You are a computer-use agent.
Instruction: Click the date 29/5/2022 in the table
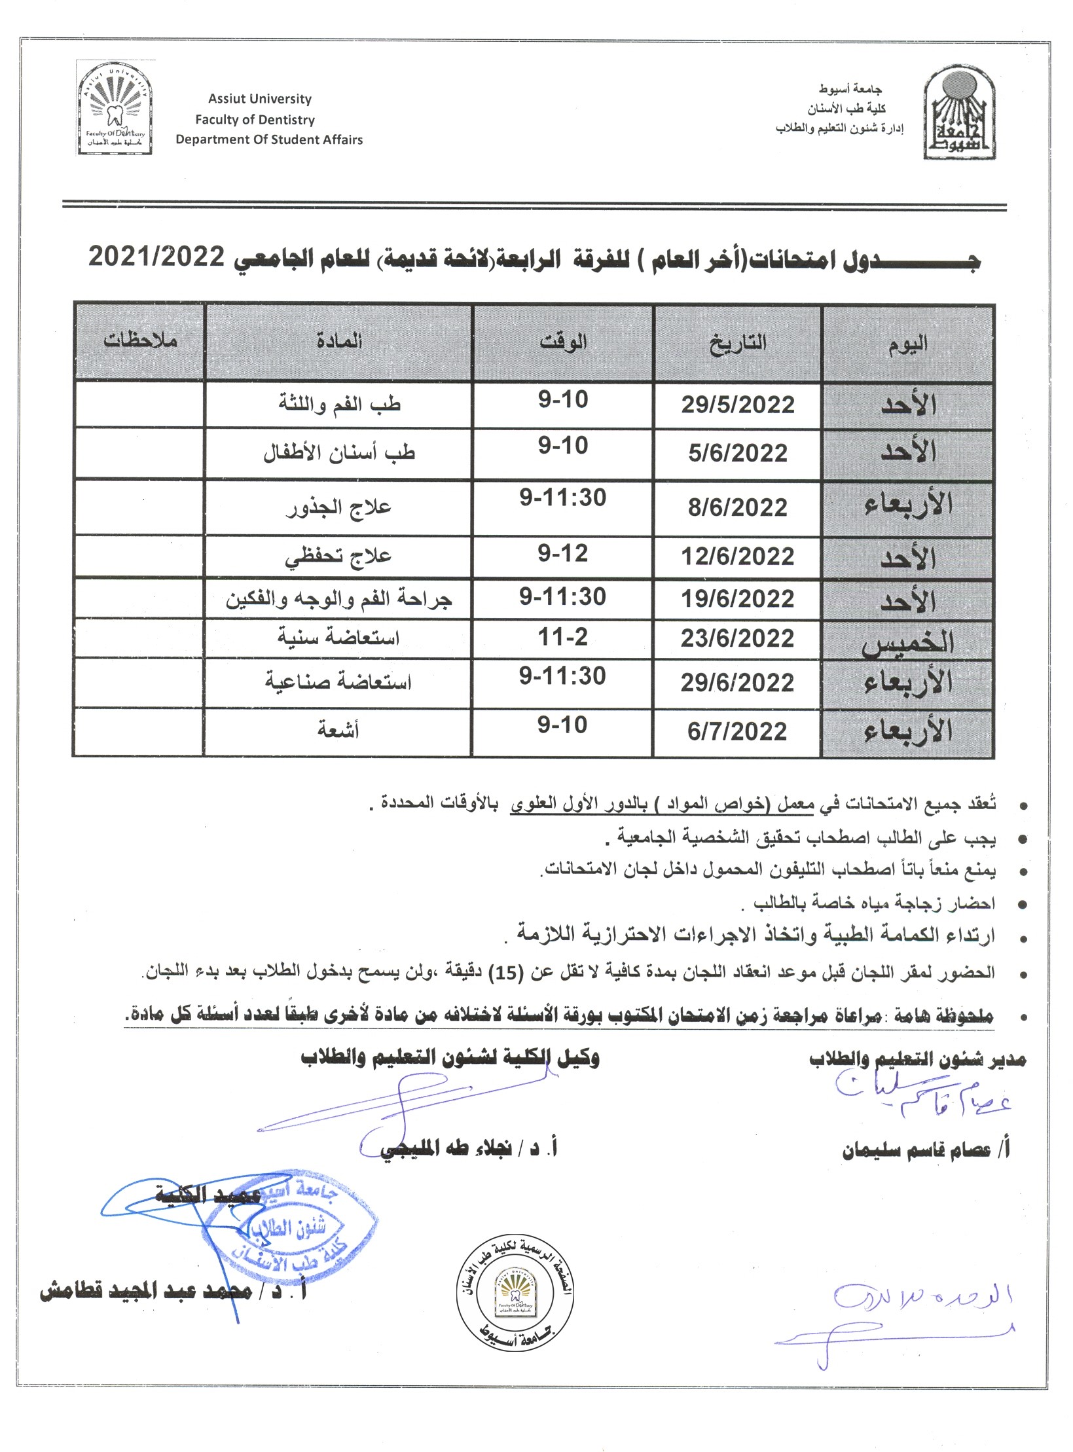coord(738,405)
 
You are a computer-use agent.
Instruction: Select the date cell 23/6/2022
coord(738,638)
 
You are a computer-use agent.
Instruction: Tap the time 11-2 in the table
coord(563,637)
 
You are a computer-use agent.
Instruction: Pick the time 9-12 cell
coord(563,554)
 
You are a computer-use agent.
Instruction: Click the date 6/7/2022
coord(737,731)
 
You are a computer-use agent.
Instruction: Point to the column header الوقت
coord(563,342)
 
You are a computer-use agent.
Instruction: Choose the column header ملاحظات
coord(140,340)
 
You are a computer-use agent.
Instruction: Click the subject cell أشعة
coord(338,729)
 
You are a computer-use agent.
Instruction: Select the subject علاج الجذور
coord(338,507)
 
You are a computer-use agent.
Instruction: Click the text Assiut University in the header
coord(260,100)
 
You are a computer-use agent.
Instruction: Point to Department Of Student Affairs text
coord(269,139)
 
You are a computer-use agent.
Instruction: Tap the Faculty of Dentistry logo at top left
coord(115,108)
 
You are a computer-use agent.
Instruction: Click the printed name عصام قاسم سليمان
coord(926,1150)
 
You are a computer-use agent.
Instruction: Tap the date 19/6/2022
coord(738,598)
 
